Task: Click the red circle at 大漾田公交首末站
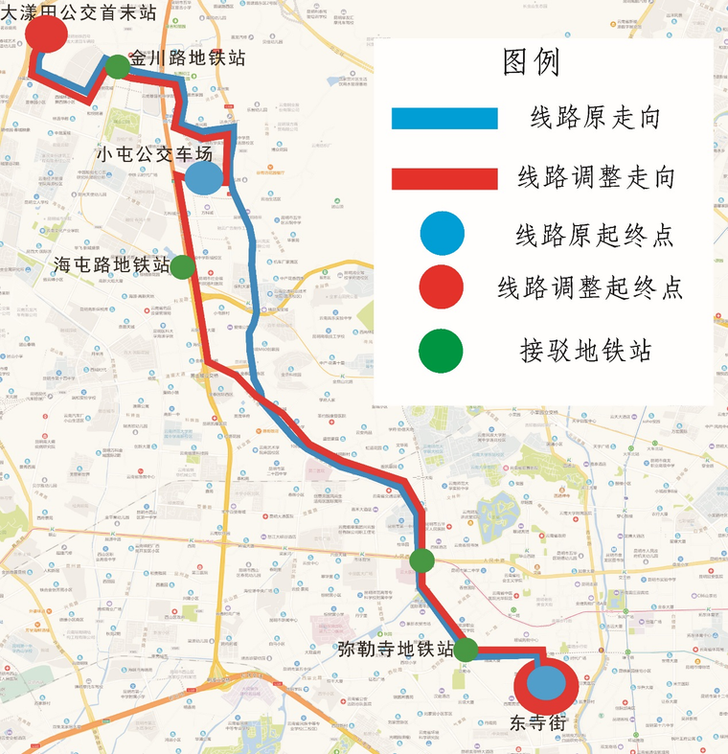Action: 46,34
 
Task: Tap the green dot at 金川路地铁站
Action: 117,66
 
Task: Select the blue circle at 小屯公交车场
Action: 204,177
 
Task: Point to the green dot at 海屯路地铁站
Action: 182,265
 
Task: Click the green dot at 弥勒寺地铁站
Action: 466,651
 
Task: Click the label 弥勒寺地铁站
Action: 395,649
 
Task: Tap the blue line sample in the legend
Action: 444,119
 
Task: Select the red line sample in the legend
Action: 444,179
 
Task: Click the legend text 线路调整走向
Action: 597,178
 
